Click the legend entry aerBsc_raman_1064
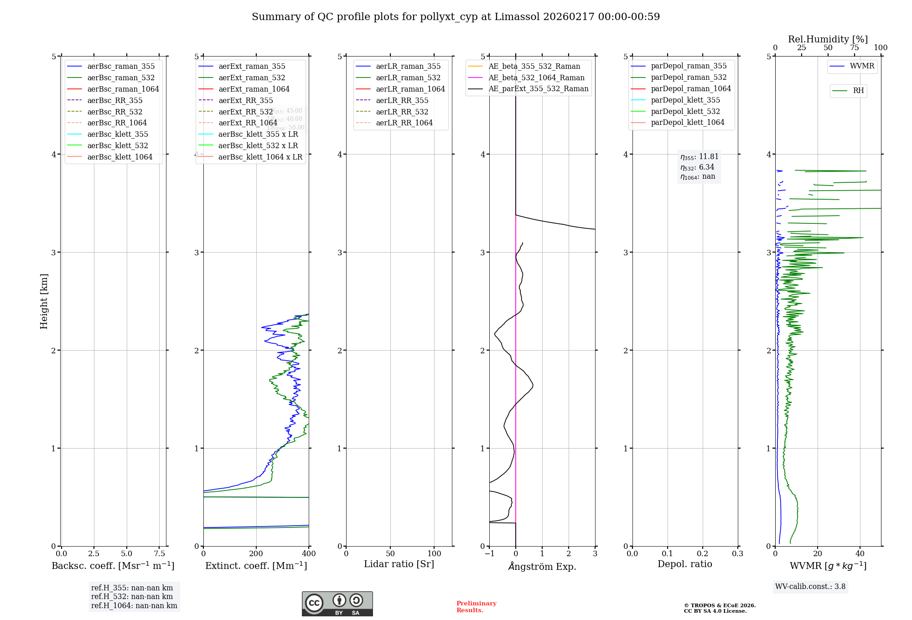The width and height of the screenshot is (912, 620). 123,89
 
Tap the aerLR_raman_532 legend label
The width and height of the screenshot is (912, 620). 408,78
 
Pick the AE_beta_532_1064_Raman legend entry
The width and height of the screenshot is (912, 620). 536,77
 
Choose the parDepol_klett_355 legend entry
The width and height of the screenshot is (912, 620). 685,100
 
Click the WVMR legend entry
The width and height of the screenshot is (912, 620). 862,66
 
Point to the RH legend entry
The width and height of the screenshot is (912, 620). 858,91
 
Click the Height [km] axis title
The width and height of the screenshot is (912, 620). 44,301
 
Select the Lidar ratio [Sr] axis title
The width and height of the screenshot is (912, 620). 399,564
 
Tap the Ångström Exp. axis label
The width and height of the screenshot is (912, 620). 542,566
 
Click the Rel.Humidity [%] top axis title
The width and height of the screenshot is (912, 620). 828,39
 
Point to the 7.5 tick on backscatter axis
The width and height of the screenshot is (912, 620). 159,553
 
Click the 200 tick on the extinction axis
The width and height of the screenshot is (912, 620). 256,553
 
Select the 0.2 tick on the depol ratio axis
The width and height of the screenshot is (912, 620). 703,553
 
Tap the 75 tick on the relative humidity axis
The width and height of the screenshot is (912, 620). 854,48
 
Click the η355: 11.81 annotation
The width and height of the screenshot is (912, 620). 699,157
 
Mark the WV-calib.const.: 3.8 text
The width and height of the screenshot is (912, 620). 810,587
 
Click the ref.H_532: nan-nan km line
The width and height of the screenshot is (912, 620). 132,597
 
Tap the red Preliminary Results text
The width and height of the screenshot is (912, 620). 476,607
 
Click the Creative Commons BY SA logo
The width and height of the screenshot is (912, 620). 337,604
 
